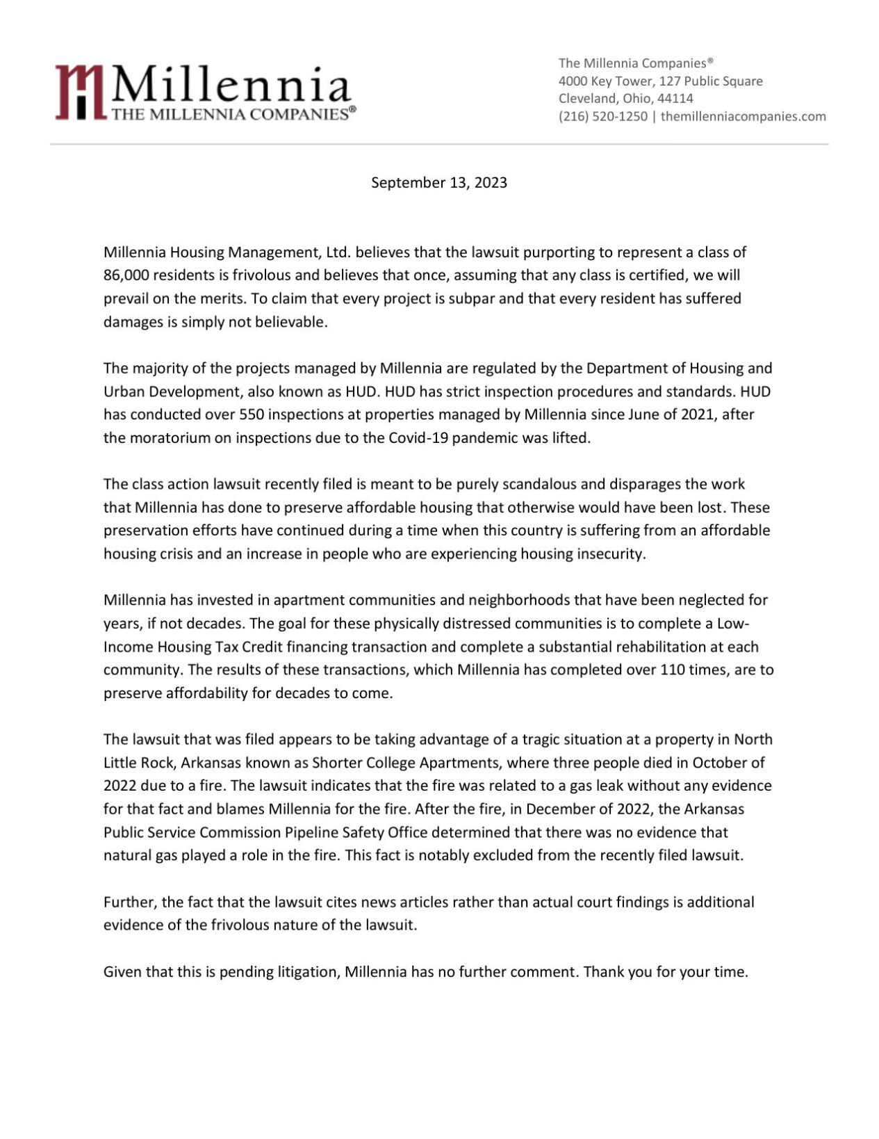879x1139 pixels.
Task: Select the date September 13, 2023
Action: tap(438, 183)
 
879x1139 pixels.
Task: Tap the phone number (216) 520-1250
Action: tap(602, 117)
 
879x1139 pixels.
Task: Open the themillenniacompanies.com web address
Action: tap(743, 117)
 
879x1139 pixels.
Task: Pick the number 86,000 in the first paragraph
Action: tap(126, 275)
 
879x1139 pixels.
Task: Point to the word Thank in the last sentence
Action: tap(604, 972)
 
